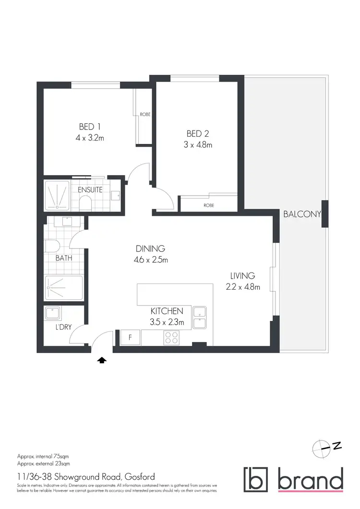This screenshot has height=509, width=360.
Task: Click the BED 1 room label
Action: [x=90, y=127]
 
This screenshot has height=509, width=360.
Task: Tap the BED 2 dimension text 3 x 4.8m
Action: [x=197, y=144]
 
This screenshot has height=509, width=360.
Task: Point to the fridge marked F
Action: [x=130, y=337]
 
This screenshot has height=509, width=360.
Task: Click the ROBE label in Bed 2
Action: [x=208, y=205]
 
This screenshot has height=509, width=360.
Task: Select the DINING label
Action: [x=150, y=249]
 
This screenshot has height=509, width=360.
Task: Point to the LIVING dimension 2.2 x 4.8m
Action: [x=242, y=287]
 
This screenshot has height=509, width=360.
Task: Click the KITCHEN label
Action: [x=167, y=311]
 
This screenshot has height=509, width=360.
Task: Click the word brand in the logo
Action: [x=310, y=480]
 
